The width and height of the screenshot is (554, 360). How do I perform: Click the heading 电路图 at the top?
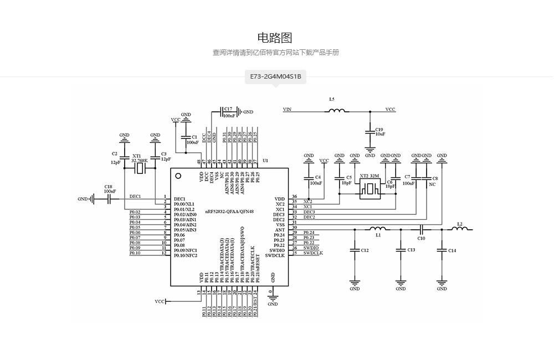point(275,38)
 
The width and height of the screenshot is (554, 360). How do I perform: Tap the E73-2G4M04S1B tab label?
point(275,76)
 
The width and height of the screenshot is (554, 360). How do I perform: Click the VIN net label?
point(287,110)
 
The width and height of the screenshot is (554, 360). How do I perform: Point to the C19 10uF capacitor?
point(370,131)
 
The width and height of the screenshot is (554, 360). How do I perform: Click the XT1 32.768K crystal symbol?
point(140,168)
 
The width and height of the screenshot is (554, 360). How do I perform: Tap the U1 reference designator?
point(265,161)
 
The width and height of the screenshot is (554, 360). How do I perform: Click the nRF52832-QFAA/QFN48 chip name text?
point(229,212)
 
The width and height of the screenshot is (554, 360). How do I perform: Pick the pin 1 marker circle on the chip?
point(178,176)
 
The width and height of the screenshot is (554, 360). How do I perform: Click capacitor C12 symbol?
point(355,250)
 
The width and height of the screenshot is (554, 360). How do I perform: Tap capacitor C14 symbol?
point(442,250)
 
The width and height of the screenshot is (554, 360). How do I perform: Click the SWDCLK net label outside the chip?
point(313,253)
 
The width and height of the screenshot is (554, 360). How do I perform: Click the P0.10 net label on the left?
point(135,253)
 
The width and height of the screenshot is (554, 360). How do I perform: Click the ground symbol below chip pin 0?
point(273,298)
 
